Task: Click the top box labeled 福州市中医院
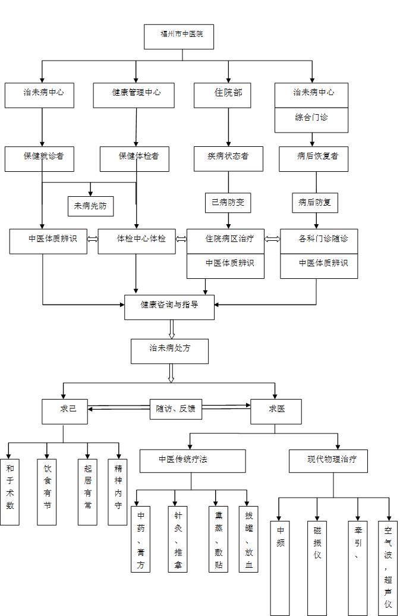tap(179, 37)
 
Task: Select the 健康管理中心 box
tap(134, 96)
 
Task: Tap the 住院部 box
tap(222, 96)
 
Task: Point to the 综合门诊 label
tap(311, 117)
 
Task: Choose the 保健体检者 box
tap(135, 159)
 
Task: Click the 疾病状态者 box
tap(228, 159)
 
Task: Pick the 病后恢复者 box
tap(314, 159)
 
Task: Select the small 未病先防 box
tap(91, 206)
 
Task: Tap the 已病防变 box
tap(228, 203)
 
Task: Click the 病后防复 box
tap(315, 203)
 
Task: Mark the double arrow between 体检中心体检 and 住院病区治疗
tap(181, 239)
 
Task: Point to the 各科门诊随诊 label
tap(323, 238)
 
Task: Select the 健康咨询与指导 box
tap(169, 307)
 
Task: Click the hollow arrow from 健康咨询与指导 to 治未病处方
tap(171, 329)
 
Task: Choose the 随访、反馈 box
tap(176, 409)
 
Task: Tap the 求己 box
tap(65, 411)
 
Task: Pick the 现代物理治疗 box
tap(329, 461)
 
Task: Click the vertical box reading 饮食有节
tap(47, 492)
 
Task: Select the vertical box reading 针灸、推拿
tap(178, 539)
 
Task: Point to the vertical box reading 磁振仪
tap(317, 568)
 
